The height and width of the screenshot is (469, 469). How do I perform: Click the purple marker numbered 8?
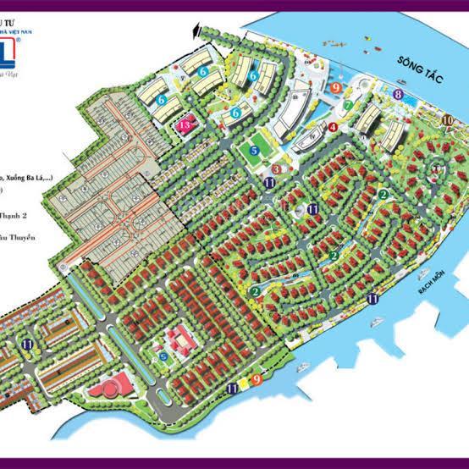pyautogui.click(x=398, y=96)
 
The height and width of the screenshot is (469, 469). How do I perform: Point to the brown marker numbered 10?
pyautogui.click(x=447, y=120)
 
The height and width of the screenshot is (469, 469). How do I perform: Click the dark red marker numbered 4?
pyautogui.click(x=334, y=128)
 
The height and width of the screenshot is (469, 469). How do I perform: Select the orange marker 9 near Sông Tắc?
pyautogui.click(x=337, y=87)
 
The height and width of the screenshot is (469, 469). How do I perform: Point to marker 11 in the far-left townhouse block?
pyautogui.click(x=29, y=344)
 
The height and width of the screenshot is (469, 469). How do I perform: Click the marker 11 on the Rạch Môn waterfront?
pyautogui.click(x=372, y=297)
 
